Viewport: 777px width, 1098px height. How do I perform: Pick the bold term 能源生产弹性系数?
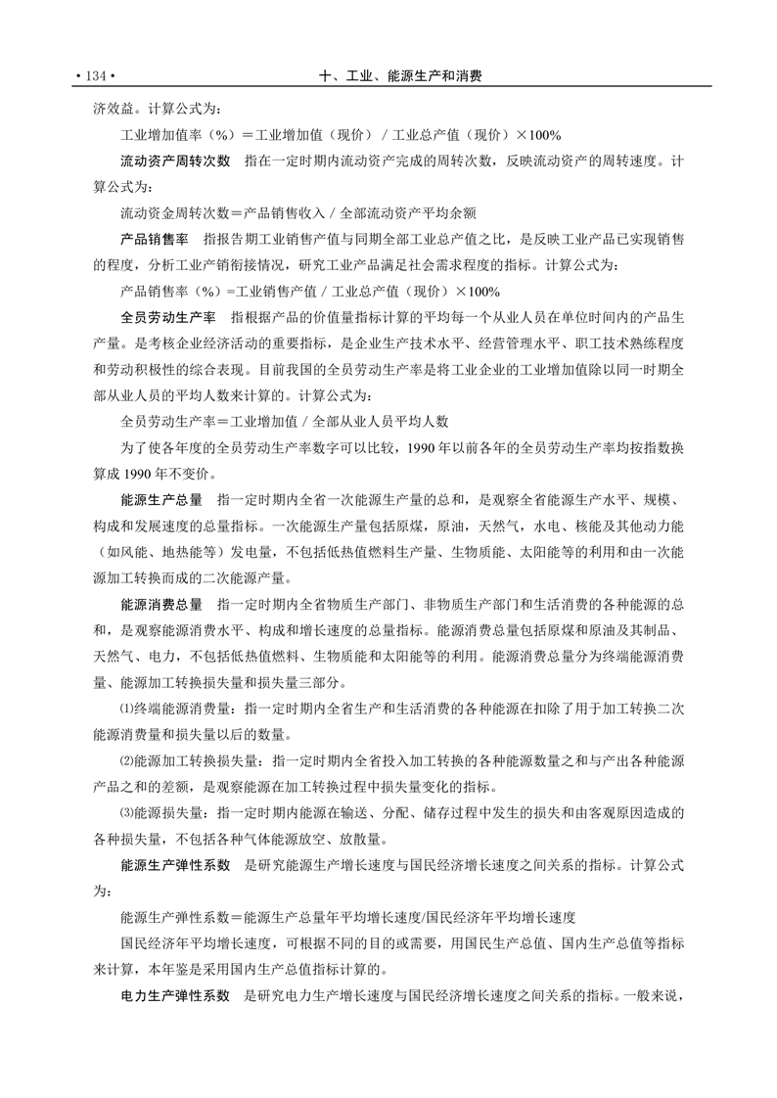click(175, 865)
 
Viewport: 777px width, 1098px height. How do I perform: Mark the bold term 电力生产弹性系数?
click(175, 996)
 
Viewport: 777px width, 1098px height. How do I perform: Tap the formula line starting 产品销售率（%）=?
click(309, 291)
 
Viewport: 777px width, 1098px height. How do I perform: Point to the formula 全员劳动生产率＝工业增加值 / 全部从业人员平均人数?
click(284, 422)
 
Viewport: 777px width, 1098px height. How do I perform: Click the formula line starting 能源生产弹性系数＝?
click(347, 918)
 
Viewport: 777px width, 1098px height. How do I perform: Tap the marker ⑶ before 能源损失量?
click(125, 813)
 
